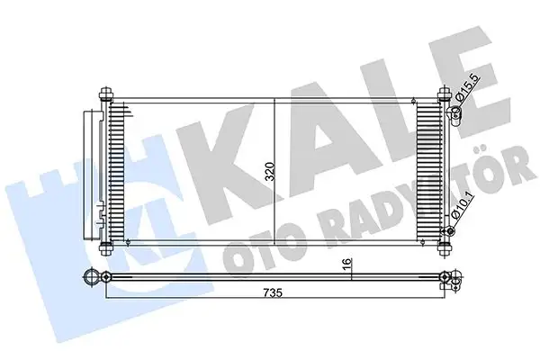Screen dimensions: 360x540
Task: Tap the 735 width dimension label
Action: coord(274,292)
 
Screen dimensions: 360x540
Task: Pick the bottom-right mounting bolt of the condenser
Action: coord(442,249)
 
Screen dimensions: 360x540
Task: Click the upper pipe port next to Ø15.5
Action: coord(455,112)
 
